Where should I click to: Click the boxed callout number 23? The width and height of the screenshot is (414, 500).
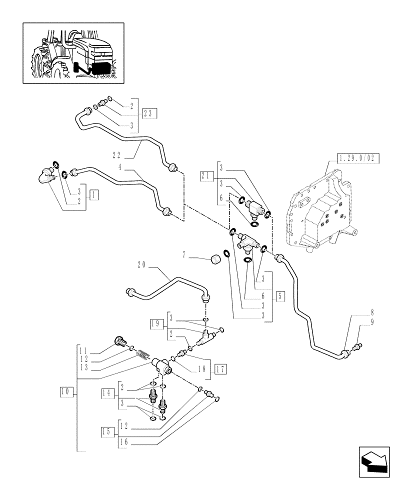tap(149, 113)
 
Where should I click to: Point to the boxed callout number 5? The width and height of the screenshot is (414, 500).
tap(279, 295)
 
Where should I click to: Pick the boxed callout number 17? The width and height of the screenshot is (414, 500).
tap(220, 369)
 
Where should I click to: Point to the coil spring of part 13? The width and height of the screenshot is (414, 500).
tap(142, 356)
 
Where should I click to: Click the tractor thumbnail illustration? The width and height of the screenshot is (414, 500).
tap(73, 52)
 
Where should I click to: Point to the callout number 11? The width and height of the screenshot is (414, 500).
tap(83, 351)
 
